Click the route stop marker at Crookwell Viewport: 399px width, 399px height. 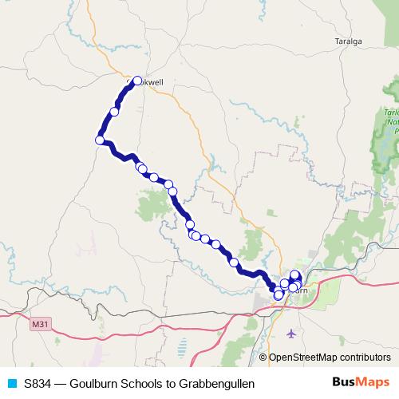coord(136,81)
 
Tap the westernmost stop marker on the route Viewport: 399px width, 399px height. coord(100,140)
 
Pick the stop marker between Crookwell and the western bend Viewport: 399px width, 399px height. coord(114,112)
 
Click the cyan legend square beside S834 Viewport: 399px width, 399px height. coord(11,384)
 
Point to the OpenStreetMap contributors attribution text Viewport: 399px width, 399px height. coord(329,358)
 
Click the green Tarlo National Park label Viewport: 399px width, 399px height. coord(389,120)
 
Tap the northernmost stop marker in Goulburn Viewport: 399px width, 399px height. coord(294,275)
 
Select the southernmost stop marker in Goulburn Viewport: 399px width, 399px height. coord(279,295)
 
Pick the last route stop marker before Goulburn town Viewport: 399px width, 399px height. coord(234,262)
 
